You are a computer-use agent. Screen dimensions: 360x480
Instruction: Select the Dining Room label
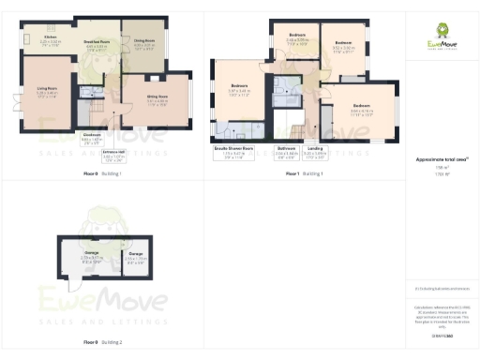click(143, 41)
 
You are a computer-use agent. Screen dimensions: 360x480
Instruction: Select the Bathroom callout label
click(286, 148)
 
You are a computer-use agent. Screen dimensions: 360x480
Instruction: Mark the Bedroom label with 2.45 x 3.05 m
click(298, 37)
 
